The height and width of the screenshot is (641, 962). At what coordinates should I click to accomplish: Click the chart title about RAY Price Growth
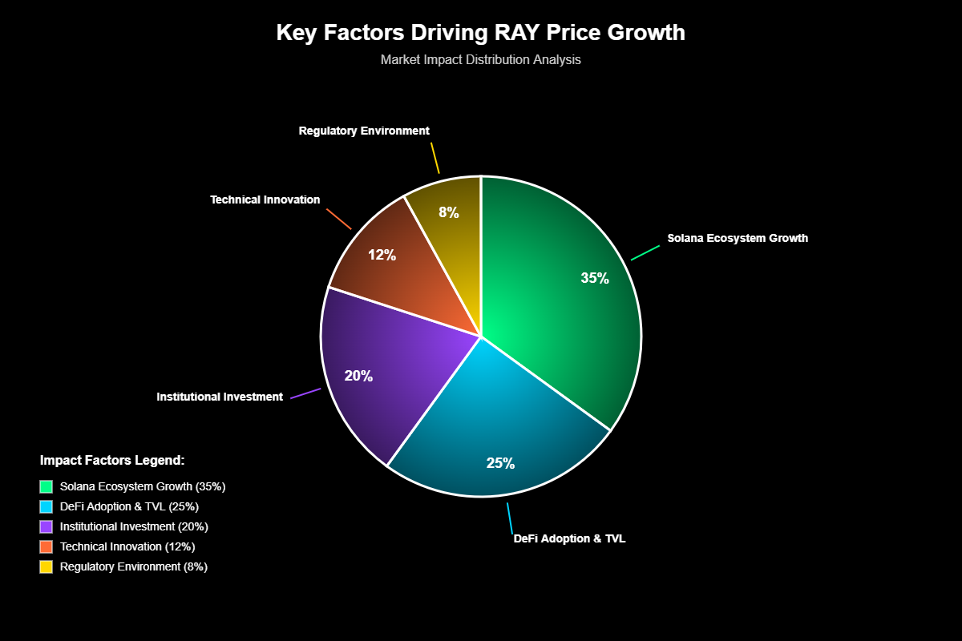point(480,33)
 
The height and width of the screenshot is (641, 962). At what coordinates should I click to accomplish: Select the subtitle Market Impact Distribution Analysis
point(480,59)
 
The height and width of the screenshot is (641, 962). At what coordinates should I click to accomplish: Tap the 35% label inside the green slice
point(595,278)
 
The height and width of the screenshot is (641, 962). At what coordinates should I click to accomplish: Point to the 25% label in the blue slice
point(500,463)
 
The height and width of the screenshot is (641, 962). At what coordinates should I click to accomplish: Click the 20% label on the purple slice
point(358,375)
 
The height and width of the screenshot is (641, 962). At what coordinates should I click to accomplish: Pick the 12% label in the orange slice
point(382,255)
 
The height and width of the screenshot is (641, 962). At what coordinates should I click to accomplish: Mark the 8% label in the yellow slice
point(448,212)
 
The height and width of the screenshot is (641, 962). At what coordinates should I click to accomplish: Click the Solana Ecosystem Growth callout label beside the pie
point(738,238)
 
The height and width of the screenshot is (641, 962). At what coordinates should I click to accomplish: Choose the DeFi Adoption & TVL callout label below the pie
point(569,538)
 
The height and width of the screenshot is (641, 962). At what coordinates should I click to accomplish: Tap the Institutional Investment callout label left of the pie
point(220,397)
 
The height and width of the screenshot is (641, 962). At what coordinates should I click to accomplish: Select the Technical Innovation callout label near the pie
point(265,200)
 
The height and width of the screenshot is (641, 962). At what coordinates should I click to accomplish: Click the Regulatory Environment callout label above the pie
point(364,130)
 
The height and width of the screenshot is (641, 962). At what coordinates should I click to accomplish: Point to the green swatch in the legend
point(46,486)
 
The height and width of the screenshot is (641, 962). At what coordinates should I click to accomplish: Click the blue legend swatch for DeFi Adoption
point(46,506)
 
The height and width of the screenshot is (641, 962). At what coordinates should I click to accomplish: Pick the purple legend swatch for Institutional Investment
point(46,526)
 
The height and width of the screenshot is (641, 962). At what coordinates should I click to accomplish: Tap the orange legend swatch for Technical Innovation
point(46,546)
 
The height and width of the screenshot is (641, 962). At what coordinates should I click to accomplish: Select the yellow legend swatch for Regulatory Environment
point(46,566)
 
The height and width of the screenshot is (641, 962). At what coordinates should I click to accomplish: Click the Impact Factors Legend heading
point(112,461)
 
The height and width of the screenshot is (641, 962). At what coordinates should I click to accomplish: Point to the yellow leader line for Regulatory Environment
point(435,158)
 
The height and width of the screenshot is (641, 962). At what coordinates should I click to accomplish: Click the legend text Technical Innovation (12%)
point(127,546)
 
